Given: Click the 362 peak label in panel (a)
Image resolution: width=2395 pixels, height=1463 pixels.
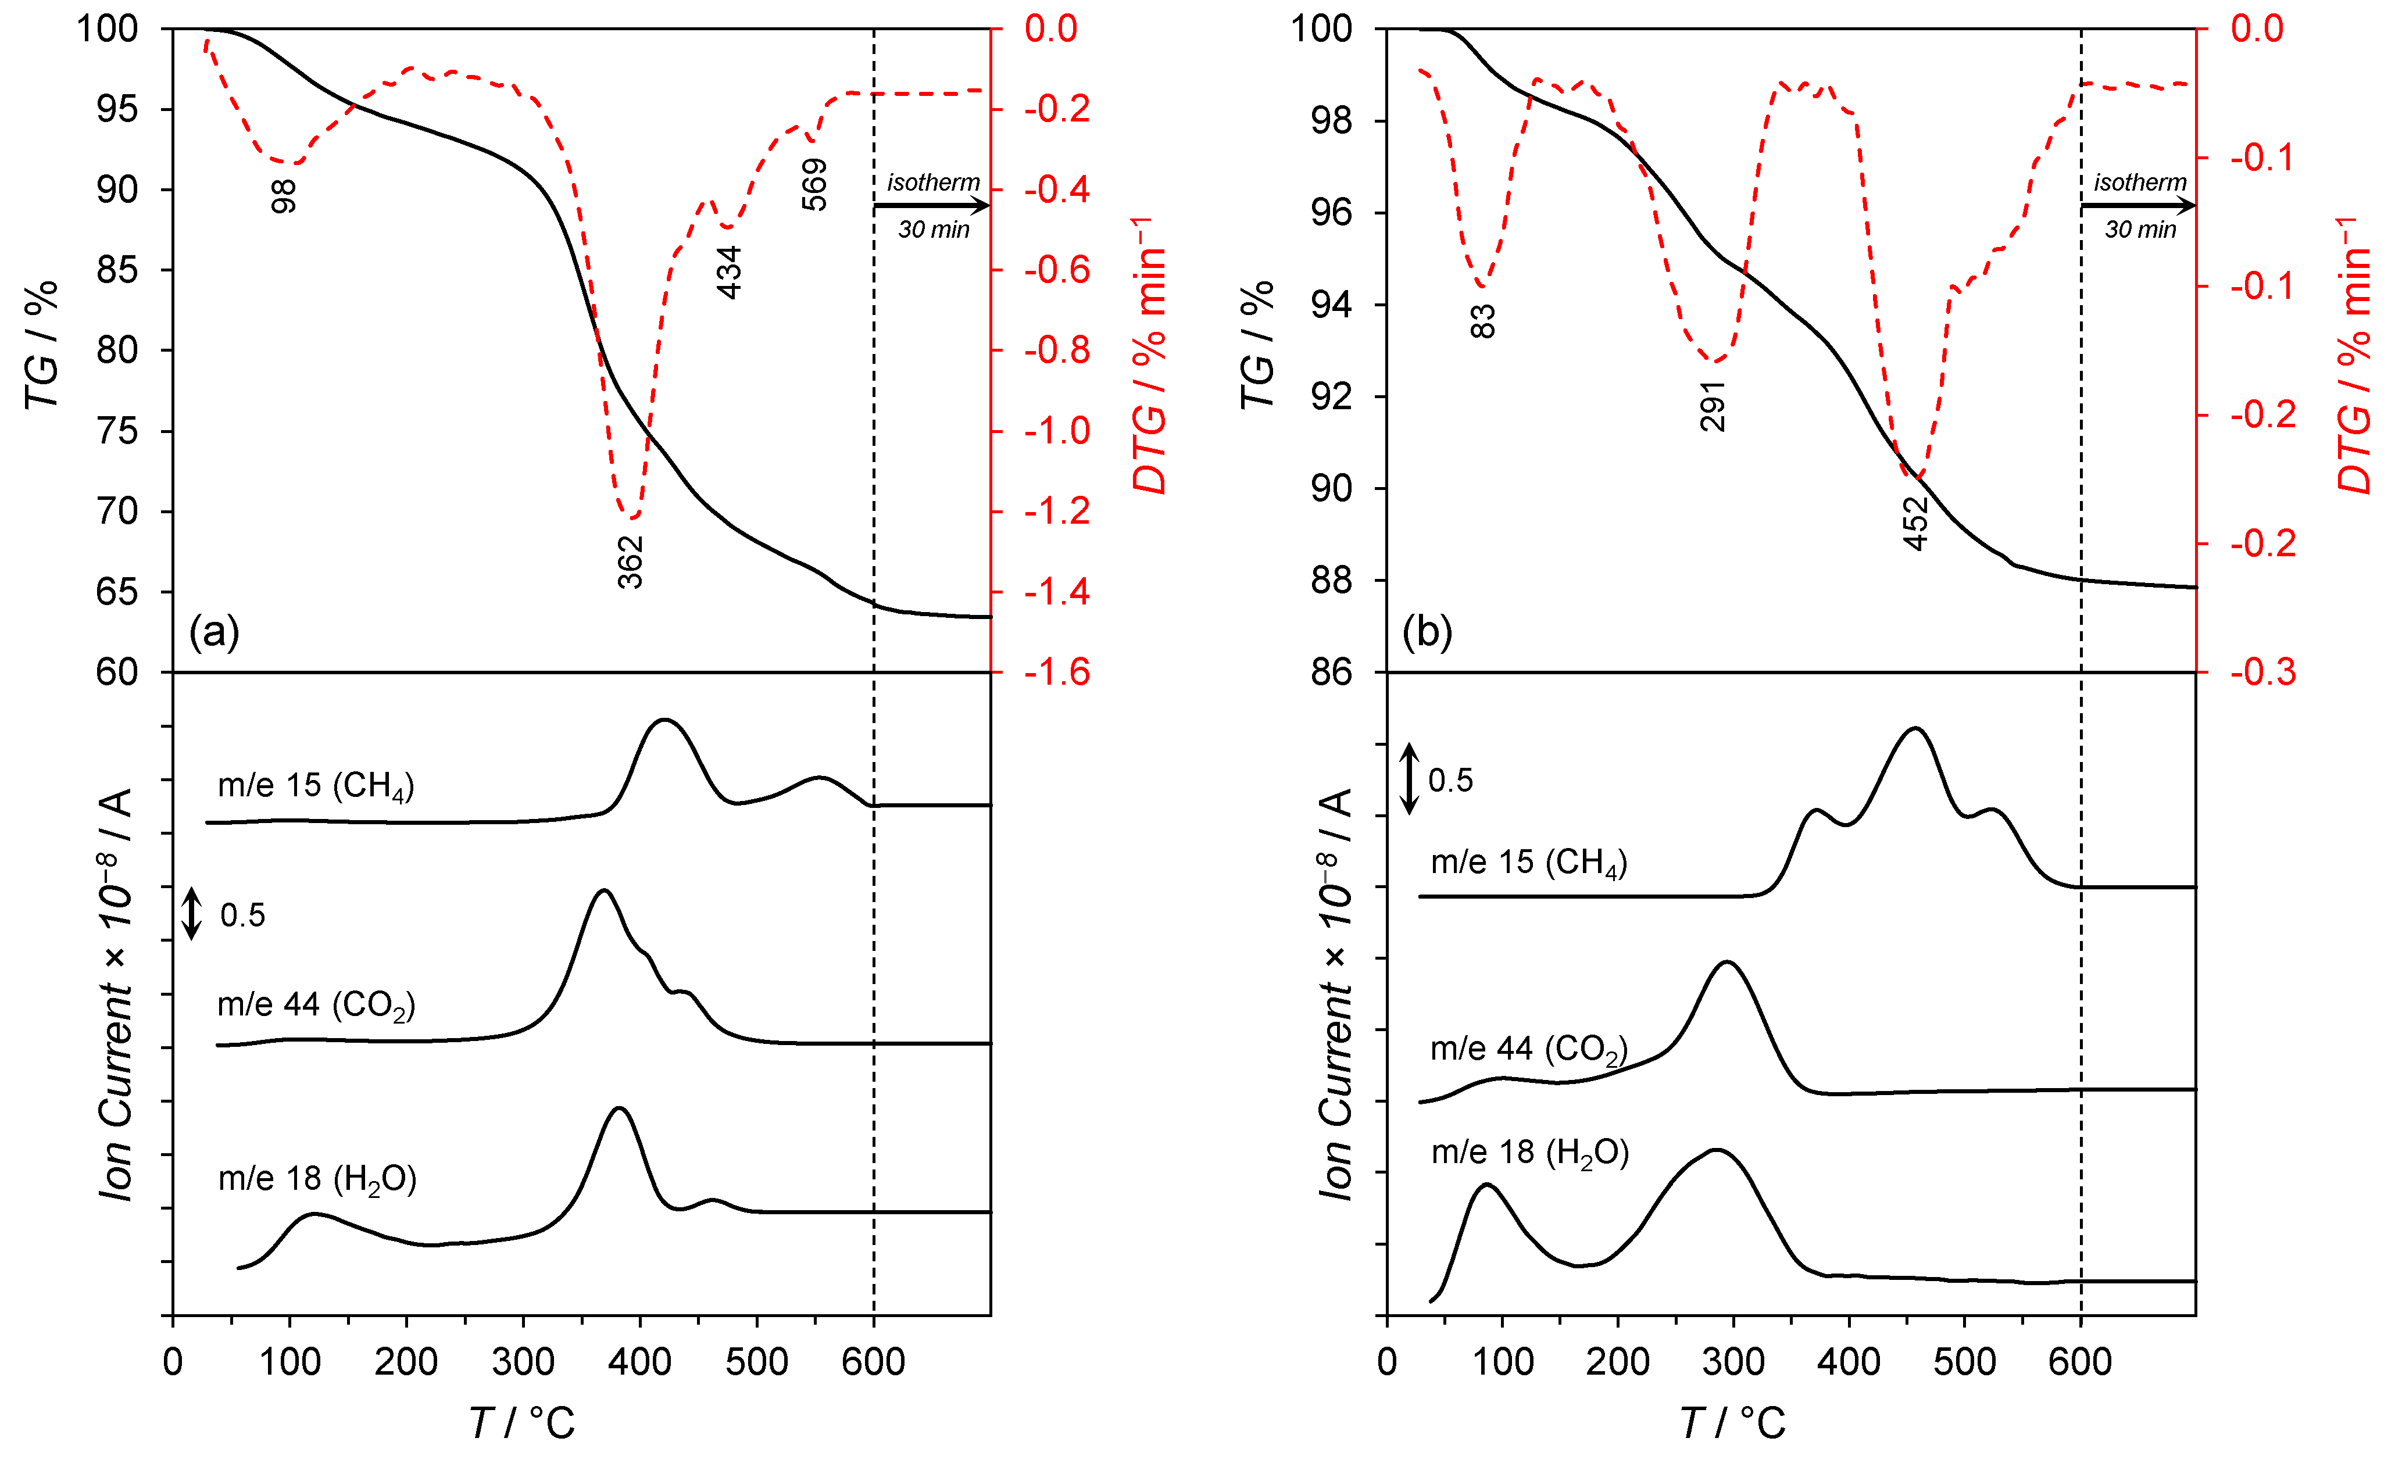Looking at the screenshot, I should tap(631, 562).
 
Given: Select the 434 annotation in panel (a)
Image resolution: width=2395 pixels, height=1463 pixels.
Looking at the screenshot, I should tap(729, 272).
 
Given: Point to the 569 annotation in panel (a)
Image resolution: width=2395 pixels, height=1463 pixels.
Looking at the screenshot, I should tap(814, 185).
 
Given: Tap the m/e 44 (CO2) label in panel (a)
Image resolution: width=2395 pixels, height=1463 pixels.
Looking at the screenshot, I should tap(316, 1005).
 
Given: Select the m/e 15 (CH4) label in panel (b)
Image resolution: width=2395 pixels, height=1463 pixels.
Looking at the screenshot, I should tap(1528, 862).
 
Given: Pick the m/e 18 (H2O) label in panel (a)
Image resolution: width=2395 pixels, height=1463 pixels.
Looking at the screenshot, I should tap(317, 1179).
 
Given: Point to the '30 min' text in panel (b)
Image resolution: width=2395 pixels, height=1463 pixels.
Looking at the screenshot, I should tap(2140, 230).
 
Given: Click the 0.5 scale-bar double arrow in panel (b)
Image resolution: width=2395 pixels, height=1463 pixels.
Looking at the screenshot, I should tap(1410, 779).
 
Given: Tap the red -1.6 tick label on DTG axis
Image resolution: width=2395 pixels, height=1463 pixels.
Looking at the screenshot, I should tap(1057, 673).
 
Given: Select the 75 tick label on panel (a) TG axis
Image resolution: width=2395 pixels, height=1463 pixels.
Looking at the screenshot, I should tap(117, 431).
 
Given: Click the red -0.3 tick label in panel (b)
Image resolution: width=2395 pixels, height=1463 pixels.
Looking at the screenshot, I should tap(2263, 673).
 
